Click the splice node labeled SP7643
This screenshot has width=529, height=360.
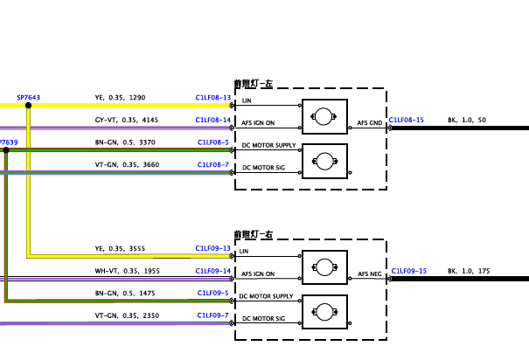[x=28, y=106]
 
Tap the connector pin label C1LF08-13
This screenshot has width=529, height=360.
[x=212, y=98]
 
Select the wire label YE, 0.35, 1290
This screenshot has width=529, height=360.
[x=120, y=98]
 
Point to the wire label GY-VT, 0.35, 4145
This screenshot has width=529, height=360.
[x=127, y=120]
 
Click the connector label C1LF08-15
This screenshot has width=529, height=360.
[x=407, y=120]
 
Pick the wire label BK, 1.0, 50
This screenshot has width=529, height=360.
[x=467, y=120]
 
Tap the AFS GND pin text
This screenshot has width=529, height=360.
[x=370, y=123]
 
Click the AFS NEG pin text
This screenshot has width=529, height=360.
[x=370, y=274]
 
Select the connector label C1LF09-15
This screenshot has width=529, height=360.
[x=409, y=271]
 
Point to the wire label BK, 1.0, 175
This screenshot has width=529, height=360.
[x=469, y=271]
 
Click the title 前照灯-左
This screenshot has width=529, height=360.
[x=254, y=84]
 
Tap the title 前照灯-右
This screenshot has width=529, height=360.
[x=254, y=234]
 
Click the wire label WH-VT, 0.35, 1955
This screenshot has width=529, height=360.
[x=127, y=271]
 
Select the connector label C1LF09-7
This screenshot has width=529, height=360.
[x=212, y=315]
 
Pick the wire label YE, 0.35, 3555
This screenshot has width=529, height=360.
[x=120, y=249]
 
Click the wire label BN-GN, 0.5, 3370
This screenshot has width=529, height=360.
[x=125, y=142]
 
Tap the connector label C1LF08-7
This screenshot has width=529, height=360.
[x=212, y=165]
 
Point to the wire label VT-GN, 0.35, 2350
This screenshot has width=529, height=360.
[x=127, y=315]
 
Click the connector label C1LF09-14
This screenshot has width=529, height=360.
[x=212, y=271]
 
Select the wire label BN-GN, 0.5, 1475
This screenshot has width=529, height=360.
[x=125, y=294]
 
